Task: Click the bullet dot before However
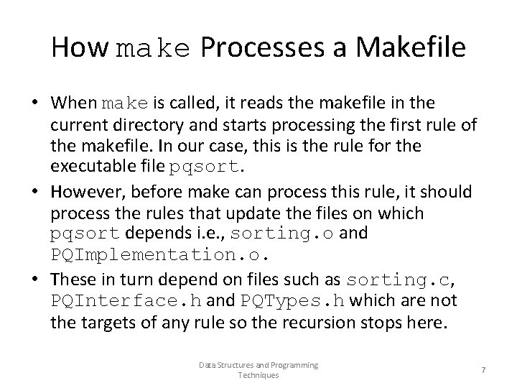pos(34,192)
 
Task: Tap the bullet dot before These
pos(34,280)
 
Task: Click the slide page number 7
pos(483,370)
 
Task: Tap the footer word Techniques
pos(258,375)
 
